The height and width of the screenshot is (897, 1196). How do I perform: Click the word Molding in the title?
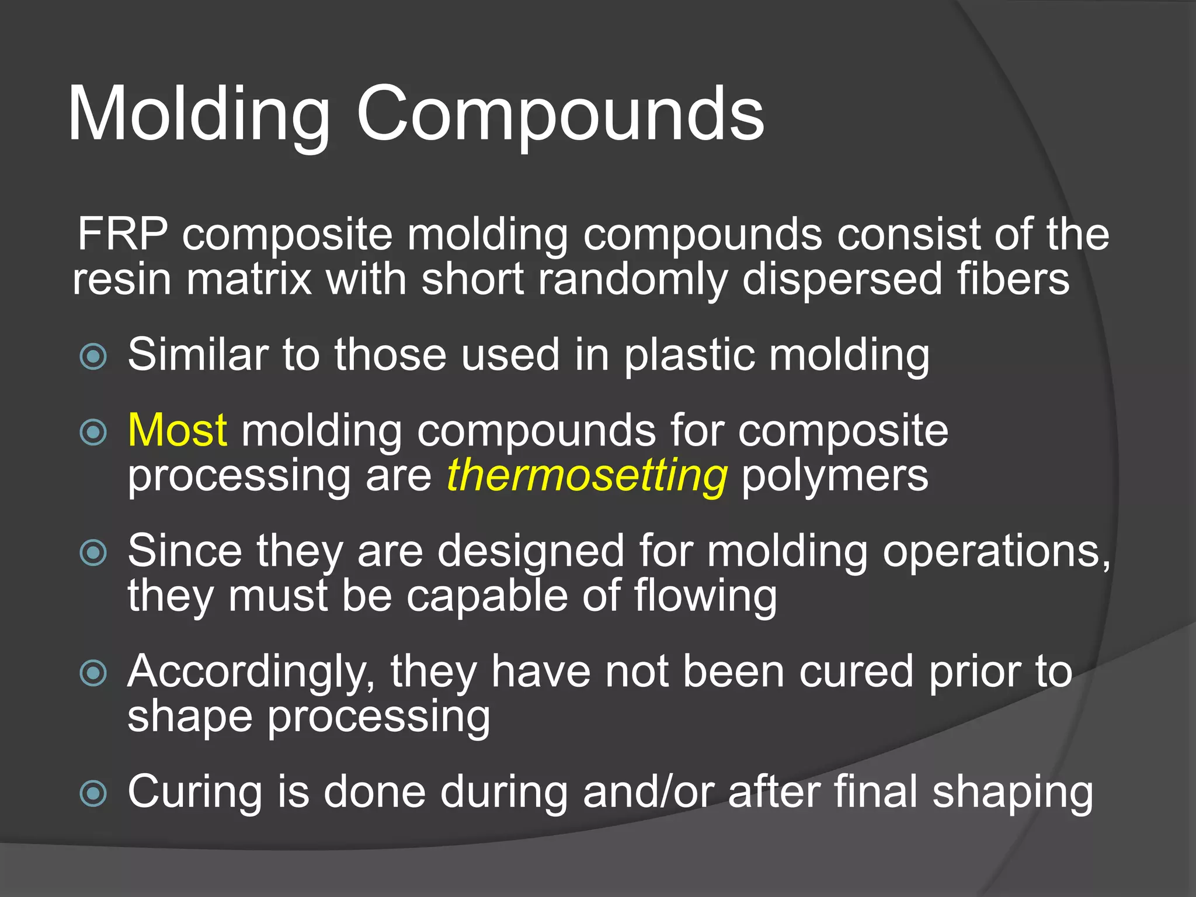199,114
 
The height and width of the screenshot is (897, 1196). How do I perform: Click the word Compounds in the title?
560,114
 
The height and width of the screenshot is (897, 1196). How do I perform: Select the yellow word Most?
177,430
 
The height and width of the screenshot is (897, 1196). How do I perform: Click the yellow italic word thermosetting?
587,475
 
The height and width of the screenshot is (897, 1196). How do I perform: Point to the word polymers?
835,477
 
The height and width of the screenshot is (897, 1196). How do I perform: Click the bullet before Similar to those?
93,356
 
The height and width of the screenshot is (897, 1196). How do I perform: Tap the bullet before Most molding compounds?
93,432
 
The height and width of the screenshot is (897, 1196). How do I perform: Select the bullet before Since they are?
93,552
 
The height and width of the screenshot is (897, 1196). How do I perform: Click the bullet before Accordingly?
93,673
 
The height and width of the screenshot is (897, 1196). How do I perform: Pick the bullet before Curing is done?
93,793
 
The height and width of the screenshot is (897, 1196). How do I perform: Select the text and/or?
648,792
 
